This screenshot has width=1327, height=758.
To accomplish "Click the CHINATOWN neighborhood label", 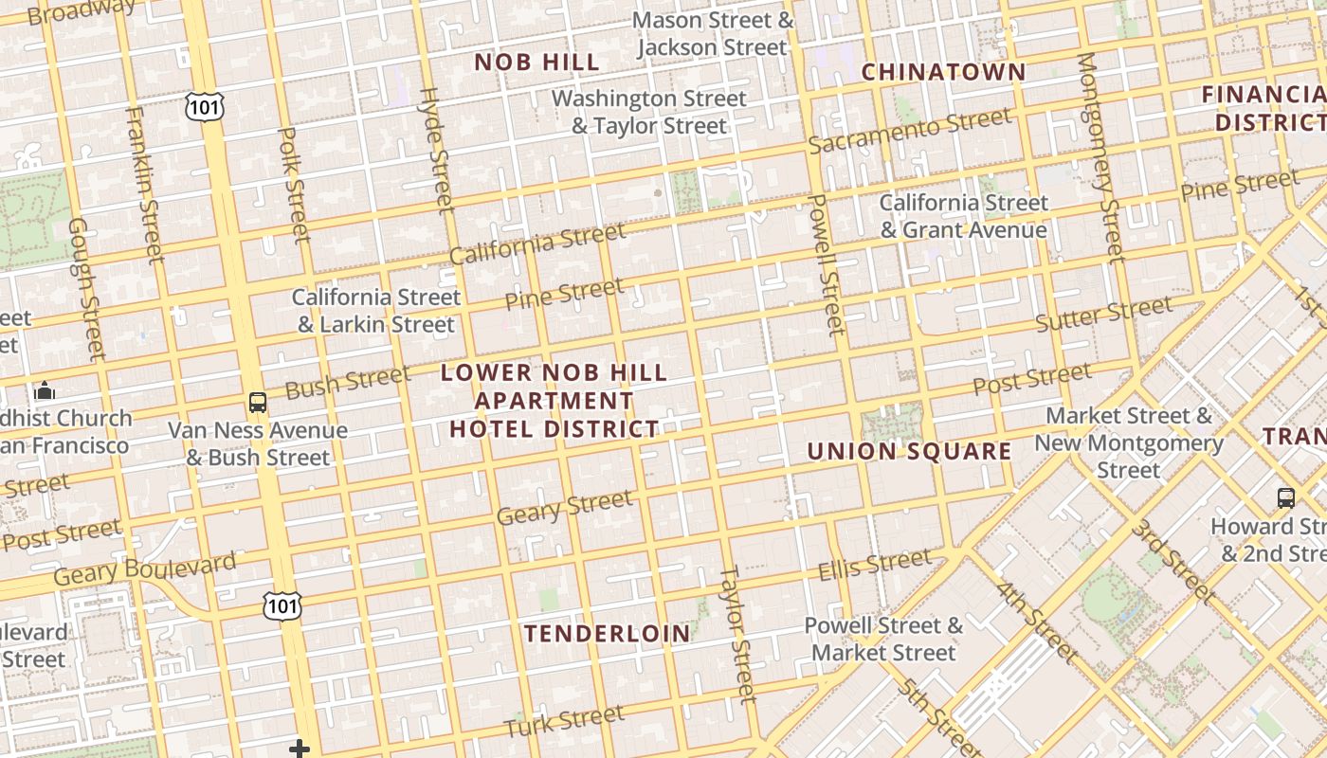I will coord(943,72).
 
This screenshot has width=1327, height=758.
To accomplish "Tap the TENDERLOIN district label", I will coord(608,633).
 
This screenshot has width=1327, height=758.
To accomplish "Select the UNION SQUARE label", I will coord(909,451).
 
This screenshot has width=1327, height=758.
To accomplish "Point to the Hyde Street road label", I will coord(437,150).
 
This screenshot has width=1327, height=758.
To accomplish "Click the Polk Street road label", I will coord(293,184).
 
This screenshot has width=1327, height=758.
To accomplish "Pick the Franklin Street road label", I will coord(144,184).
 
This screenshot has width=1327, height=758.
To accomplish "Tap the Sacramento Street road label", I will coord(910,131).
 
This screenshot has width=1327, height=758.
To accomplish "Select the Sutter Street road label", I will coord(1103,315).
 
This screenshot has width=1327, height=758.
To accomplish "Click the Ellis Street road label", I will coord(875,565).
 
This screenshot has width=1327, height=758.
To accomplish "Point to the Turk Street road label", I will coord(564,720).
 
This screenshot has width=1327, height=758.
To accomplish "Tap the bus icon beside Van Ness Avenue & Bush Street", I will coord(257,403).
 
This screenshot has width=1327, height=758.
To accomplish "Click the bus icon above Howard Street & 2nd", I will coord(1285,497).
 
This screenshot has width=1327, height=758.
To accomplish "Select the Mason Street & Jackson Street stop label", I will coord(713,33).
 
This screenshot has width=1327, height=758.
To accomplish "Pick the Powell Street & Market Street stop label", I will coord(883,639).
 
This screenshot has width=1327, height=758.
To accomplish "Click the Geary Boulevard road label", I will coord(144,568).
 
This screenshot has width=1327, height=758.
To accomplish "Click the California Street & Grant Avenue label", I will coord(964,216).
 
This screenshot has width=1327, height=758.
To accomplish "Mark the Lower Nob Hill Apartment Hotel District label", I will coord(554,400).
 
